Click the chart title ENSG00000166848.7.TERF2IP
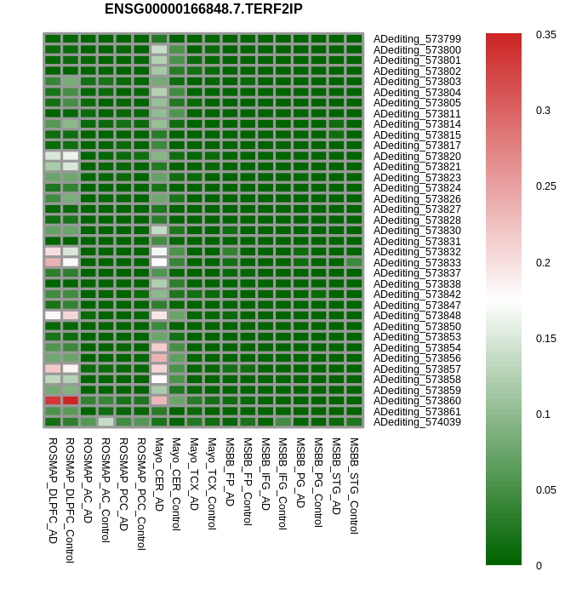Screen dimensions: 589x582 tap(203, 9)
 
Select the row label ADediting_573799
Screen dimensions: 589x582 tap(417, 39)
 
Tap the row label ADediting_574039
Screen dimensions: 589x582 tap(417, 422)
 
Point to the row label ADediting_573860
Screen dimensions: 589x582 tap(417, 401)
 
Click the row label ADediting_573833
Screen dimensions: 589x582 tap(417, 262)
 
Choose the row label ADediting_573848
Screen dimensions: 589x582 tap(417, 316)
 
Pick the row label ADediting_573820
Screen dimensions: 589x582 tap(417, 156)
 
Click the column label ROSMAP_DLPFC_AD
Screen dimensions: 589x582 tap(53, 490)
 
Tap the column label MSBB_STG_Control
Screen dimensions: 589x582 tap(354, 485)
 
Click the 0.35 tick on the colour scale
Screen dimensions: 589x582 tap(545, 35)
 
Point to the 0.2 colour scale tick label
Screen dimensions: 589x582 tap(542, 262)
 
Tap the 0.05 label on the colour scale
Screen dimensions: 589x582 tap(545, 489)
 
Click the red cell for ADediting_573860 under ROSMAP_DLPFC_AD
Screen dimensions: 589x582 tap(53, 400)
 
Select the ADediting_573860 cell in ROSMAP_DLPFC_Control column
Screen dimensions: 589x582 tap(71, 400)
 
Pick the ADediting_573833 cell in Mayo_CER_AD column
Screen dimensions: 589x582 tap(159, 262)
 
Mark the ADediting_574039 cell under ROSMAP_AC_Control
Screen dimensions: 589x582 tap(106, 421)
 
